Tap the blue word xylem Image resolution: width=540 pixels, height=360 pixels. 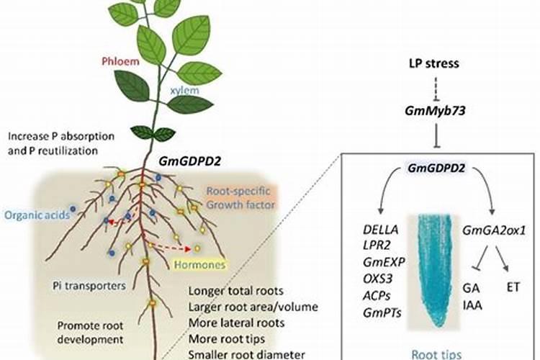coord(185,91)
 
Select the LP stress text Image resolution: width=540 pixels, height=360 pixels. coord(434,63)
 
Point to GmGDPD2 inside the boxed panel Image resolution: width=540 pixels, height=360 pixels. coord(436,168)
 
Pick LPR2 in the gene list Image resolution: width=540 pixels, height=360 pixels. coord(379,246)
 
